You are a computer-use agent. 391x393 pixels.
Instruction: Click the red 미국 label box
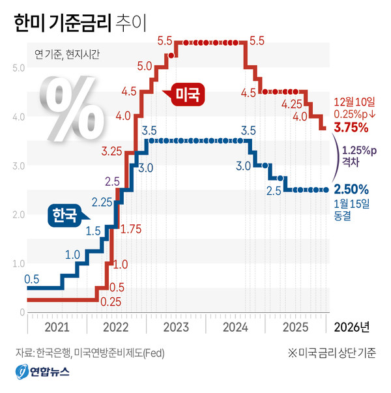[x=190, y=96]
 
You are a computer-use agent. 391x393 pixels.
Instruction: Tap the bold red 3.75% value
[x=353, y=126]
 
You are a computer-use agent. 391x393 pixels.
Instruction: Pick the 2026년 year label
[x=352, y=325]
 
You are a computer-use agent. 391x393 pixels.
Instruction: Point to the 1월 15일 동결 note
[x=351, y=209]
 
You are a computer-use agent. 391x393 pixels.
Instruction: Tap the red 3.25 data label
[x=112, y=152]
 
